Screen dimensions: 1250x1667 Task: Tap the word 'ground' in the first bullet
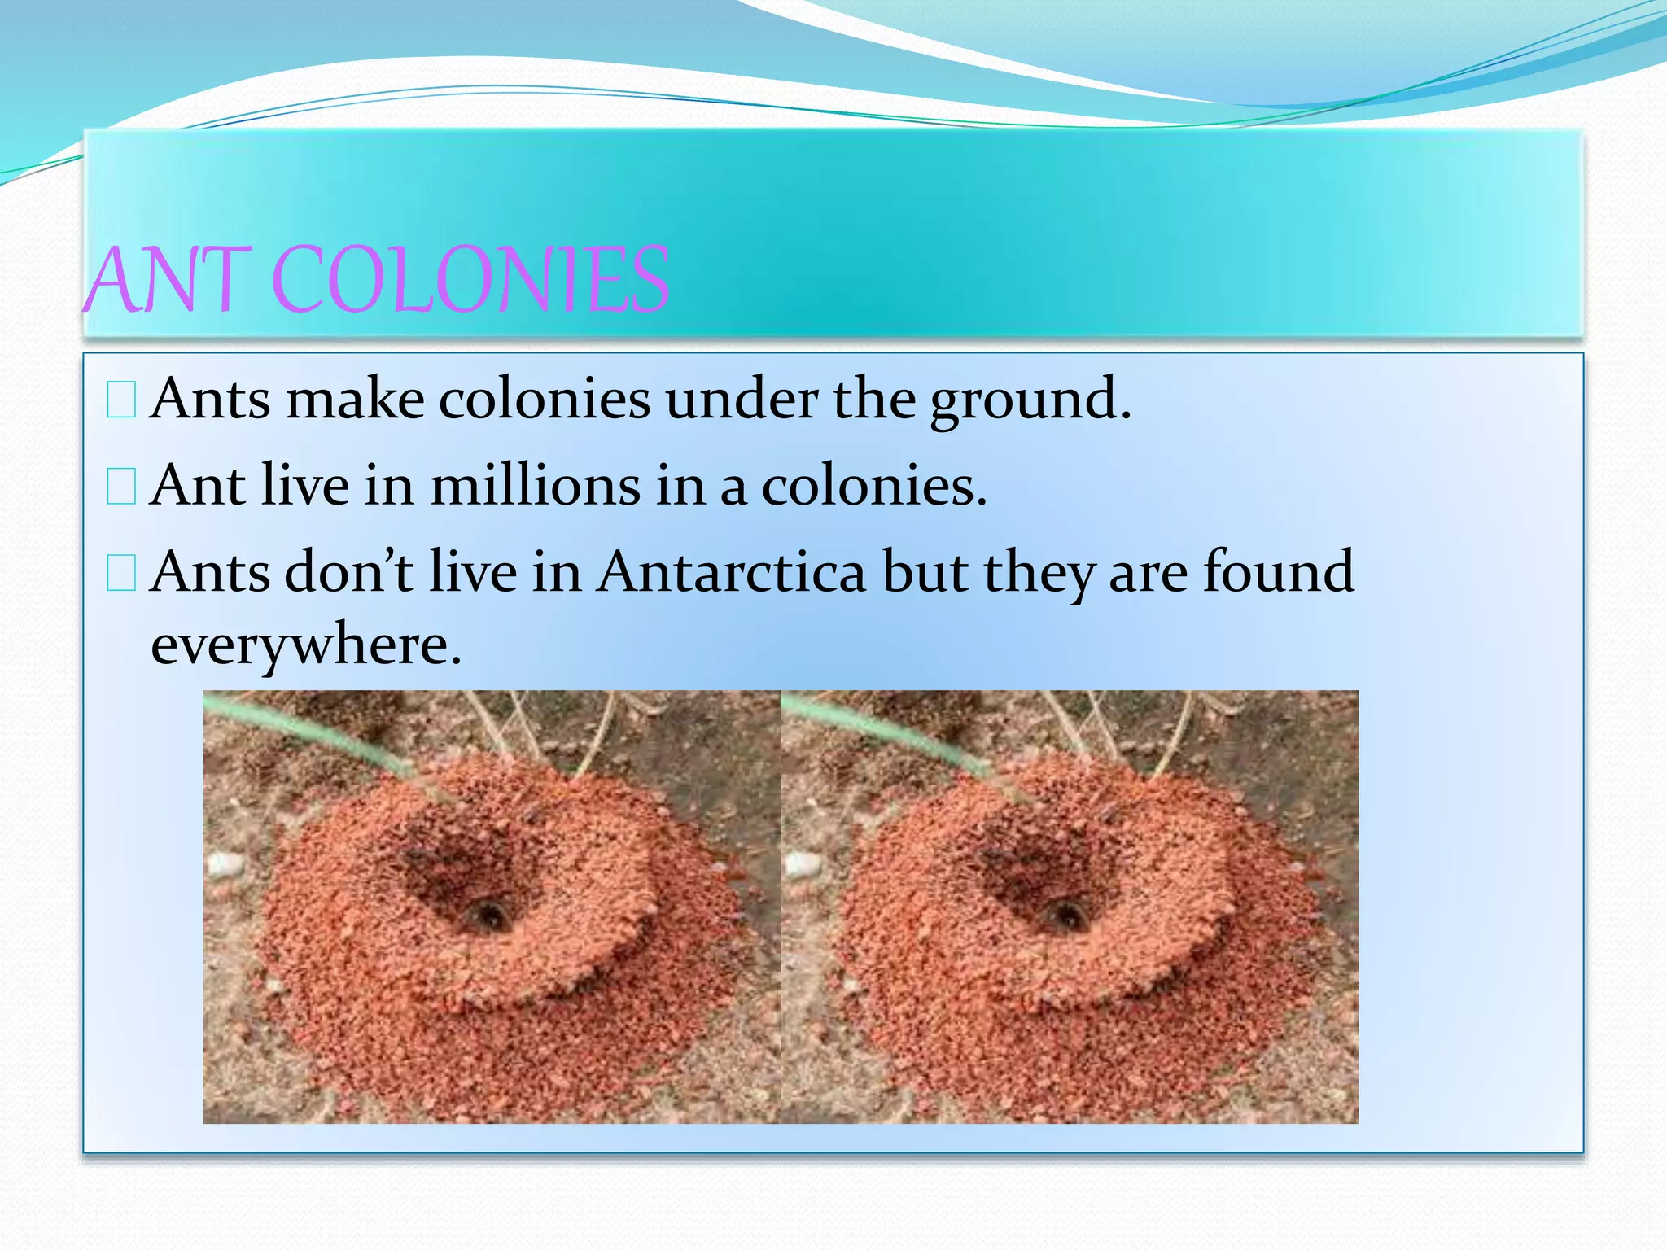[1030, 400]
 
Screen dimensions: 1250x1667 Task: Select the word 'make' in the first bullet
[355, 400]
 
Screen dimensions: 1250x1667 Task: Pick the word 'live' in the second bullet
[306, 486]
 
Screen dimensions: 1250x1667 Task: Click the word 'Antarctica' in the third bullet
[732, 572]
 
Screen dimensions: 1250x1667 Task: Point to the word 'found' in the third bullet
[1279, 572]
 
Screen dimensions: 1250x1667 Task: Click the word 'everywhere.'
[306, 647]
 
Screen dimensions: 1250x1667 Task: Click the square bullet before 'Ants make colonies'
[121, 401]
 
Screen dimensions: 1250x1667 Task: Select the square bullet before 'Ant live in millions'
[121, 487]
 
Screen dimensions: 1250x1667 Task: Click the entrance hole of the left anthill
[488, 916]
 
